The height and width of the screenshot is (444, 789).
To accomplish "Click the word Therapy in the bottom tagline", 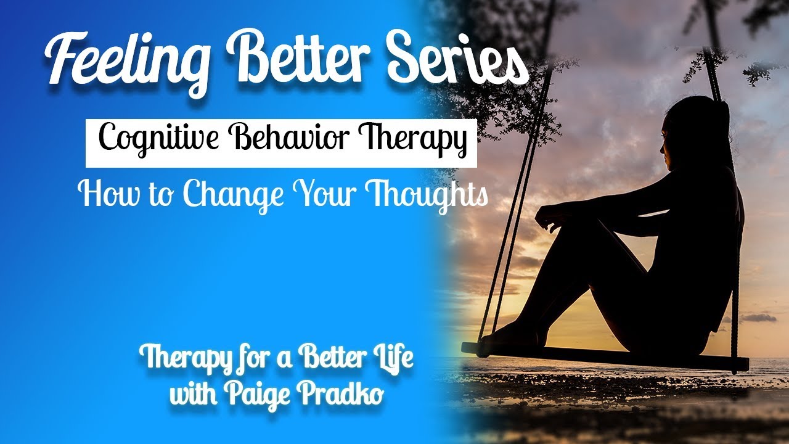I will pos(181,358).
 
